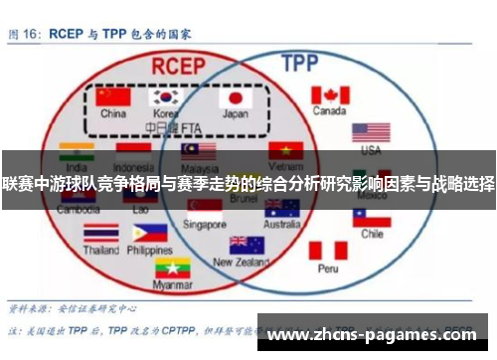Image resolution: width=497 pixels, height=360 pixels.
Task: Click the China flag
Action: [112, 97]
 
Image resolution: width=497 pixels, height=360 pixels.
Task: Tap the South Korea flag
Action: [166, 97]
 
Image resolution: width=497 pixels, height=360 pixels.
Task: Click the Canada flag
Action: [330, 95]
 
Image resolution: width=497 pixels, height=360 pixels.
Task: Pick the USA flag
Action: [371, 132]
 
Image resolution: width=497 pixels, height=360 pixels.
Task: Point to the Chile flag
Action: [372, 216]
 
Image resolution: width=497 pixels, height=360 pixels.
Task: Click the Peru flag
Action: [328, 251]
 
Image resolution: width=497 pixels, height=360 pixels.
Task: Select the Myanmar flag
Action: [172, 268]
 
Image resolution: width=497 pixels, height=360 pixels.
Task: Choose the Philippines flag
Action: [149, 234]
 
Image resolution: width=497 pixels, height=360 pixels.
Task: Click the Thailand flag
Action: [100, 234]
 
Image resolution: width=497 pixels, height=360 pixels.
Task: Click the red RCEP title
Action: [180, 64]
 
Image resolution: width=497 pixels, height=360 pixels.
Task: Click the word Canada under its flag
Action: [330, 111]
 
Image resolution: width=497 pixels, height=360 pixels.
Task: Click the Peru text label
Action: [328, 269]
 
